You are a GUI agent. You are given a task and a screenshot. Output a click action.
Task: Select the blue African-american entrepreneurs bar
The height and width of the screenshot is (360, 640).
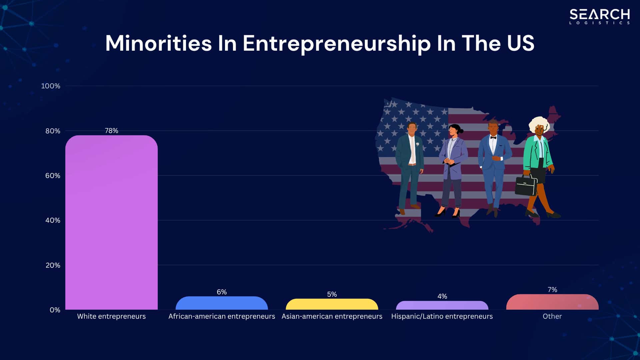click(x=222, y=303)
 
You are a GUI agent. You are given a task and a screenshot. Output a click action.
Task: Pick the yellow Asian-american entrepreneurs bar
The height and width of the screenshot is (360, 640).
click(x=332, y=304)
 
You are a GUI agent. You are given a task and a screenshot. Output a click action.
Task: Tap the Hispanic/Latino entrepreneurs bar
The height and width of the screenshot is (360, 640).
click(x=442, y=305)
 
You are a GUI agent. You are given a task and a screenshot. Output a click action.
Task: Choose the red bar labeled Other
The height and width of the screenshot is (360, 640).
click(x=552, y=302)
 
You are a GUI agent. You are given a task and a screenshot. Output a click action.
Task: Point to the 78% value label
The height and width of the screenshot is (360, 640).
click(x=111, y=131)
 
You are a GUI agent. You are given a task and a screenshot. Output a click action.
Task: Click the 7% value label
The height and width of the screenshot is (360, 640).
click(x=552, y=290)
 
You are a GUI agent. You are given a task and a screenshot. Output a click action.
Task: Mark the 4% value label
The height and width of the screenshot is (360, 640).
click(x=442, y=296)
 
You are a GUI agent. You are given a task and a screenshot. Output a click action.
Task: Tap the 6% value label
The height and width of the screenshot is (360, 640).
click(x=222, y=292)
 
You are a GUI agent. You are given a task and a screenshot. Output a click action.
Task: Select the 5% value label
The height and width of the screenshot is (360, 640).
click(x=332, y=294)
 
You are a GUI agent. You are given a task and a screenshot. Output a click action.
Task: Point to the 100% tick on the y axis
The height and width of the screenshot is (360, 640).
click(x=51, y=86)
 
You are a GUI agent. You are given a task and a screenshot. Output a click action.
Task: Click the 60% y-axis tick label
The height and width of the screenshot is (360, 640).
click(x=53, y=176)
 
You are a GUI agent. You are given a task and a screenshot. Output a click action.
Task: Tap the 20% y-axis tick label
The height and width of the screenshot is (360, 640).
click(x=53, y=265)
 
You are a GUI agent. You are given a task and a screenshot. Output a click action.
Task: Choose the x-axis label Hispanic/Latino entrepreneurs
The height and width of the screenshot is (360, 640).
click(x=442, y=316)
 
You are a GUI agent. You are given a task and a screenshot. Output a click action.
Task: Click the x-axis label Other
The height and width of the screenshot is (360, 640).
click(x=552, y=316)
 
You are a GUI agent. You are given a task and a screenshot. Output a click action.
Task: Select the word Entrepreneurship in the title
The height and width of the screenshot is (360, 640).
click(x=336, y=44)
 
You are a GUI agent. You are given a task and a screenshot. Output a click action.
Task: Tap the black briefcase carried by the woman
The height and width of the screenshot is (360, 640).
click(x=526, y=186)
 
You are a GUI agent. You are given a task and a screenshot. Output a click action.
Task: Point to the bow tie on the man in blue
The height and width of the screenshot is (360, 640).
click(x=493, y=138)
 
